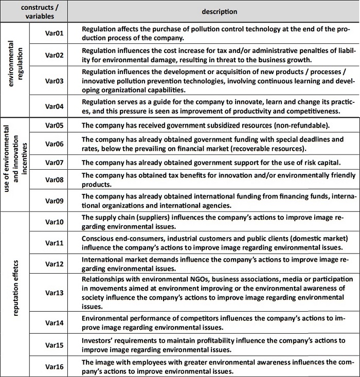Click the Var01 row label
tap(54, 33)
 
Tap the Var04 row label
tap(54, 106)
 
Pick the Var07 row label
tap(54, 163)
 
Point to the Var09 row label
tap(54, 201)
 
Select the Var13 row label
tap(54, 293)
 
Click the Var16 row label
tap(54, 367)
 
